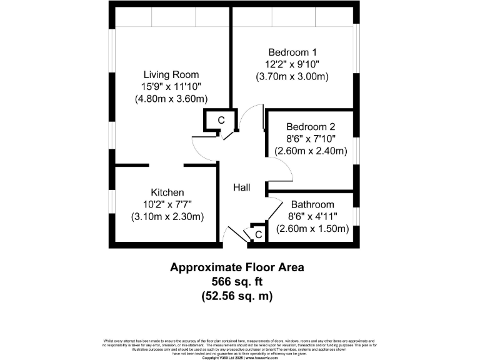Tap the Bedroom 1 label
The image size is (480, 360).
click(x=292, y=52)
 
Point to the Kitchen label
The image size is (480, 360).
click(x=167, y=192)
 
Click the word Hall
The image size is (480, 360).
click(x=242, y=187)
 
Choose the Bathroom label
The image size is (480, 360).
click(x=312, y=204)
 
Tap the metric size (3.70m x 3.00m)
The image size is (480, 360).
click(x=292, y=76)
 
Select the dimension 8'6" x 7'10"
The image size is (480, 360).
click(x=311, y=139)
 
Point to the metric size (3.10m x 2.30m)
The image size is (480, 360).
click(x=167, y=216)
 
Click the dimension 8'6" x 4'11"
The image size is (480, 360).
click(x=312, y=216)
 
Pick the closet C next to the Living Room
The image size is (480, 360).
click(x=221, y=120)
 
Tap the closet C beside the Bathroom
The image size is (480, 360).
click(x=257, y=234)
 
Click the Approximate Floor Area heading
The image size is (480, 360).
click(x=237, y=267)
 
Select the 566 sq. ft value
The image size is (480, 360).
click(x=237, y=282)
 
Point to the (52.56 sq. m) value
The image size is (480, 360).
click(x=237, y=296)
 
